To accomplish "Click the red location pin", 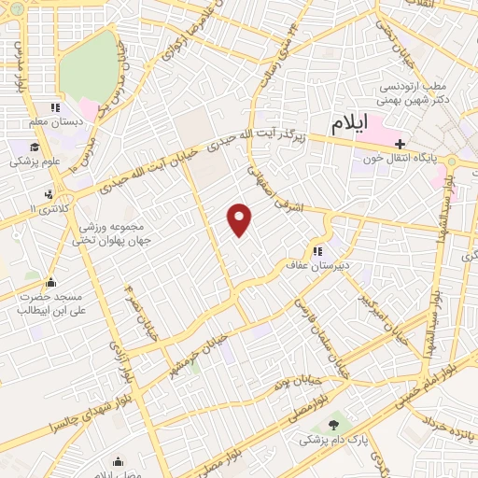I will (x=240, y=218).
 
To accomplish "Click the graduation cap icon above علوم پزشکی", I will (x=34, y=147).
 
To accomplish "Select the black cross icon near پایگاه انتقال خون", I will (x=401, y=144).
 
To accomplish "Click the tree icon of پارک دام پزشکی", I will (x=332, y=426).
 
